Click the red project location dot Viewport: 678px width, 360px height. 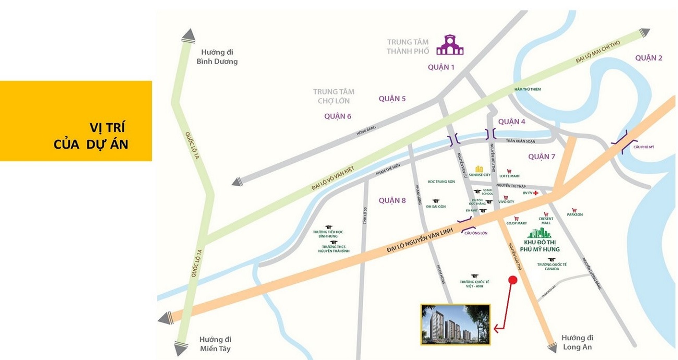(x=513, y=281)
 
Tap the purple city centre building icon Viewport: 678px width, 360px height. (x=450, y=45)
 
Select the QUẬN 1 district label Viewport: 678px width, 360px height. (x=441, y=67)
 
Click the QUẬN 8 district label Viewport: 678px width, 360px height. (x=392, y=200)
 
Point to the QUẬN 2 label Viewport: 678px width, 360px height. (x=648, y=58)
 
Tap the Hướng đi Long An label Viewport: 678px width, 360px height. (x=578, y=343)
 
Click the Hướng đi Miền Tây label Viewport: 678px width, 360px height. (x=215, y=344)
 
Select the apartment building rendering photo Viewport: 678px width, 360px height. (x=455, y=325)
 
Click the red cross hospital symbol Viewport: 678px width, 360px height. (x=535, y=193)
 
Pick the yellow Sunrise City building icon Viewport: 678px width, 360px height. (x=479, y=169)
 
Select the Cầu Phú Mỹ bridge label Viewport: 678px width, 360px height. (x=644, y=147)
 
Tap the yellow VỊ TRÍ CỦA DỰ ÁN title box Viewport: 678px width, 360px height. (x=76, y=121)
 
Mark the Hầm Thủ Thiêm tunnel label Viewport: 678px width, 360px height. (x=528, y=89)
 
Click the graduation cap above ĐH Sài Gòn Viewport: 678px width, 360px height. (x=436, y=201)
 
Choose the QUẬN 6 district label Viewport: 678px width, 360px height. (x=338, y=116)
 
